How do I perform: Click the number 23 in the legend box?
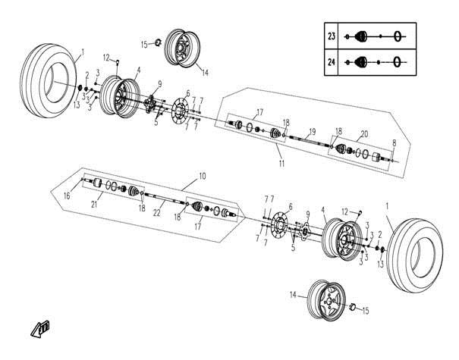click(x=332, y=36)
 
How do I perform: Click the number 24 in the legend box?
click(x=332, y=62)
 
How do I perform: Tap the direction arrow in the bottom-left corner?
click(x=40, y=329)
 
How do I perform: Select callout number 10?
click(x=203, y=176)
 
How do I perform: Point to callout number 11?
click(x=281, y=163)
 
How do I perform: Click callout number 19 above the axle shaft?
click(x=313, y=132)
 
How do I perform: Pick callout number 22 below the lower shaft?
click(x=157, y=213)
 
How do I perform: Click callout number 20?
click(x=364, y=134)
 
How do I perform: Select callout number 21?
click(x=94, y=204)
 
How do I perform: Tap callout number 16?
click(x=67, y=196)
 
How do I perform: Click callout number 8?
click(x=395, y=143)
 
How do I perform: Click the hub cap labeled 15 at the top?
click(x=159, y=42)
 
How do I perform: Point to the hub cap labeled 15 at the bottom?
click(x=353, y=307)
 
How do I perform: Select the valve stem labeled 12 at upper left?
click(x=118, y=62)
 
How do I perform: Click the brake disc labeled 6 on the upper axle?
click(x=180, y=111)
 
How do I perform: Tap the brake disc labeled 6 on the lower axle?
click(x=279, y=225)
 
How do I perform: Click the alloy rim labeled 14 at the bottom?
click(x=327, y=299)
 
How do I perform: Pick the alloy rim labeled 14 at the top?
click(x=182, y=49)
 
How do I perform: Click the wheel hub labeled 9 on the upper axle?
click(x=150, y=104)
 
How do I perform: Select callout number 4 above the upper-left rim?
click(x=139, y=70)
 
